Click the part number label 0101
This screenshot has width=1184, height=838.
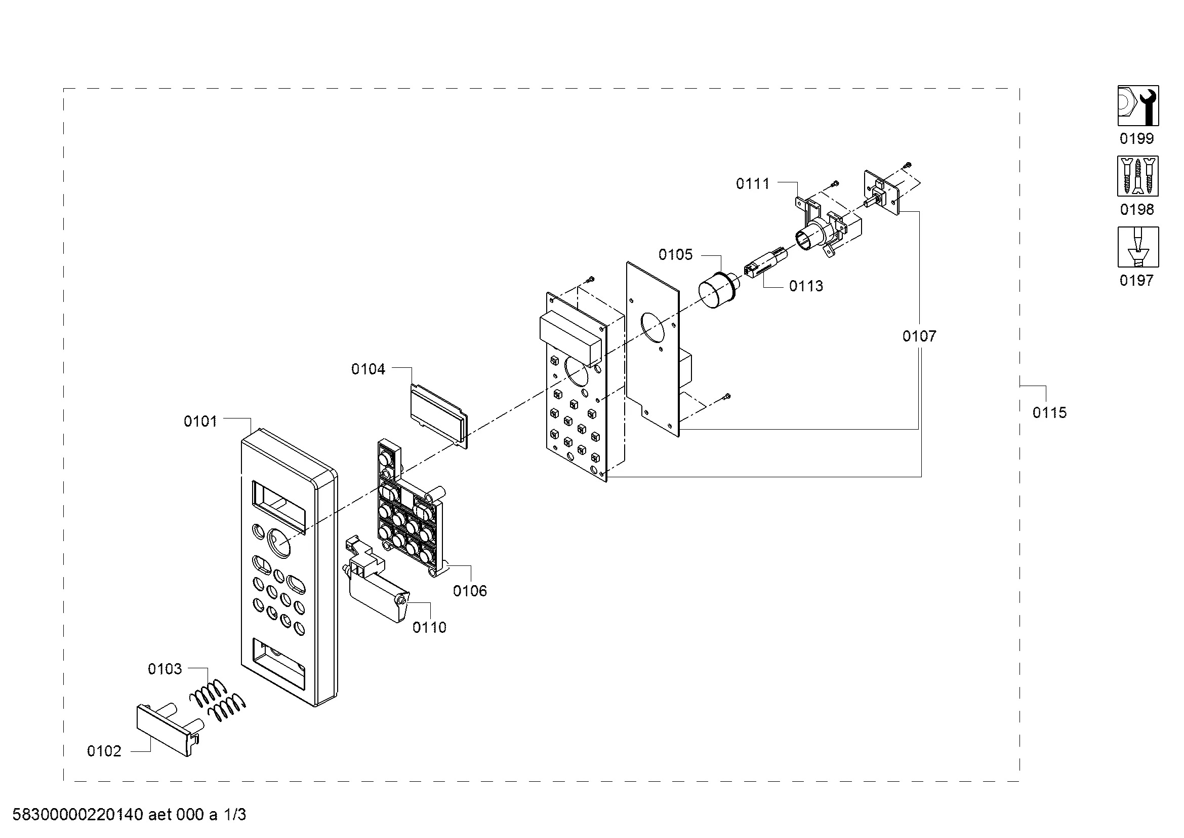click(200, 422)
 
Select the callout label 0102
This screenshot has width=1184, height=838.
click(104, 751)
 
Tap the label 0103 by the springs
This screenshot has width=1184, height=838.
click(165, 669)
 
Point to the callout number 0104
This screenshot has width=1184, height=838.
click(368, 369)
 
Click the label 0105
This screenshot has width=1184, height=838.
click(676, 254)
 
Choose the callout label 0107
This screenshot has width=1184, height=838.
click(919, 336)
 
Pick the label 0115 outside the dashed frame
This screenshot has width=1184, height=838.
click(1049, 413)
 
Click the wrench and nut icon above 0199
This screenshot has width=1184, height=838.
click(1138, 106)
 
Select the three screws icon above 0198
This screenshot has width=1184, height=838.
click(1138, 176)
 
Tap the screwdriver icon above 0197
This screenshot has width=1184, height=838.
click(1138, 247)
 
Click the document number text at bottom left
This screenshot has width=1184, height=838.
click(129, 815)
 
